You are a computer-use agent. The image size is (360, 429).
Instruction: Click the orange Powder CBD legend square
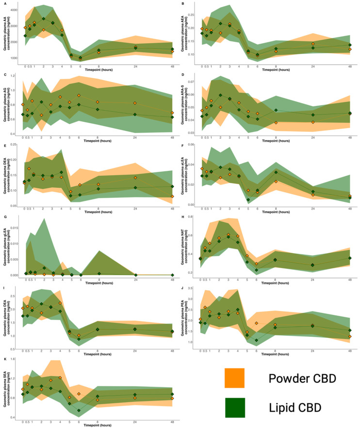point(234,378)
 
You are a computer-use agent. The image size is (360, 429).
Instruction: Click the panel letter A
point(4,4)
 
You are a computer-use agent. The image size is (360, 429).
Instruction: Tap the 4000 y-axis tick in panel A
point(14,10)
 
